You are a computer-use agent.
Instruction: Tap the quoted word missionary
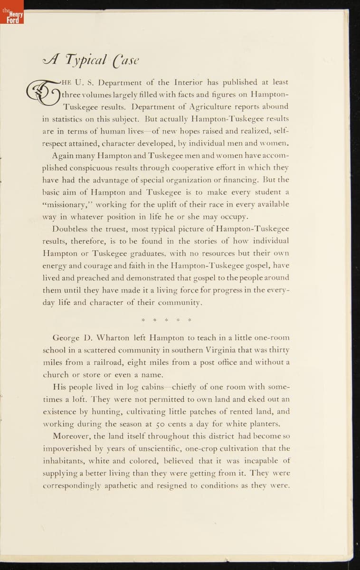(66, 204)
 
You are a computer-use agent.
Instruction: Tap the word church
(56, 374)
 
